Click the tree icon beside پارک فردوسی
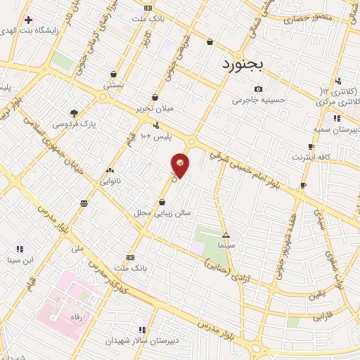pyautogui.click(x=74, y=112)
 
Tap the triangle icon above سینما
pyautogui.click(x=226, y=236)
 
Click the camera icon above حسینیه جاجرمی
pyautogui.click(x=259, y=89)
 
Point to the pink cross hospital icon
pyautogui.click(x=28, y=20)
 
